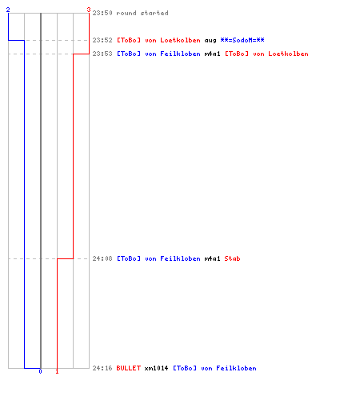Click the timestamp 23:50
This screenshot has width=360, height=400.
pos(102,13)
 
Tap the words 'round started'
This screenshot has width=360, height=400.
pos(142,13)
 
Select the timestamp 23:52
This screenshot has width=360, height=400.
pos(102,40)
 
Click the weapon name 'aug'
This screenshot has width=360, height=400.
pos(210,41)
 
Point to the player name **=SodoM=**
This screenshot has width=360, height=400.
pos(242,40)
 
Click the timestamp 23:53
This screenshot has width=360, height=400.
pos(102,54)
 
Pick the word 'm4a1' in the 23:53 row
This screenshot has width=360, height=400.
pos(212,54)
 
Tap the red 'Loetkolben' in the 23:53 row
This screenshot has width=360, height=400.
pos(288,54)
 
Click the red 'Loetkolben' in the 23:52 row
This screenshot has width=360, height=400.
pos(180,40)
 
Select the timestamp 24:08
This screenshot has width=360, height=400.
pos(102,258)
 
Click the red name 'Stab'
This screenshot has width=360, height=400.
pos(232,258)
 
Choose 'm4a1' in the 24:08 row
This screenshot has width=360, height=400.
pos(212,258)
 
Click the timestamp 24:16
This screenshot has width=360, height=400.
pos(102,368)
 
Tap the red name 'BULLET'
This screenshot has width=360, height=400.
pos(129,368)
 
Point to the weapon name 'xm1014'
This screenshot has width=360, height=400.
pos(156,368)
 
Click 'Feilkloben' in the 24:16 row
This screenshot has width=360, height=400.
pos(236,368)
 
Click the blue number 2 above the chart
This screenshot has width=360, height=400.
pos(8,10)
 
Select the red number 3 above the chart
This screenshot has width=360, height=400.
pos(89,10)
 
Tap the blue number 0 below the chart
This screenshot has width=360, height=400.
pos(40,371)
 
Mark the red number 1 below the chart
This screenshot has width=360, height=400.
pos(57,371)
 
